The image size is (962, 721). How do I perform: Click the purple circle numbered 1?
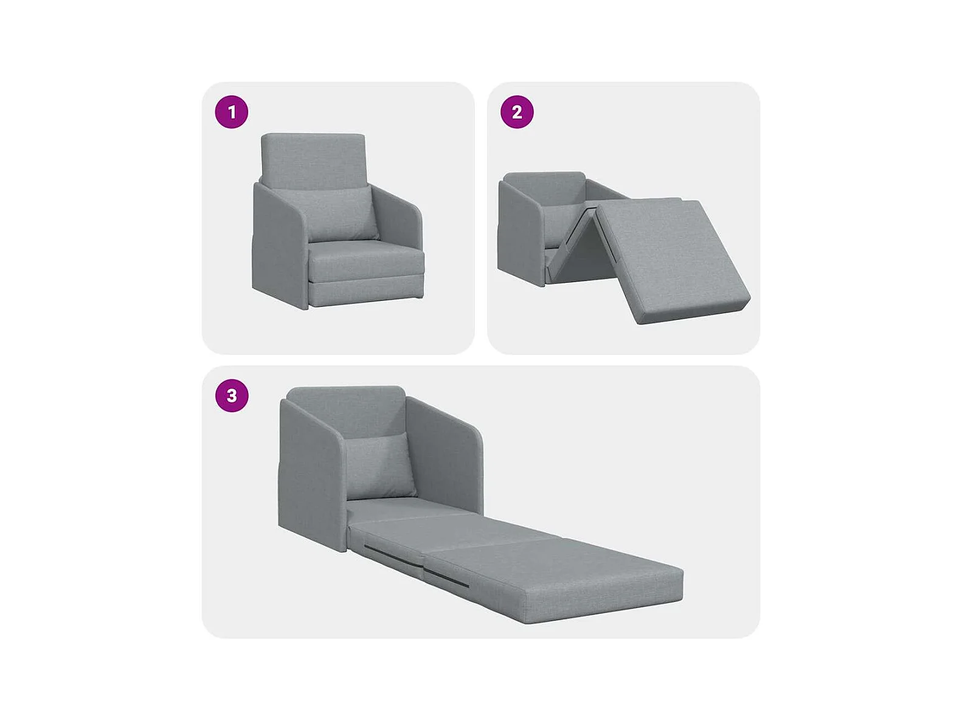pos(232,112)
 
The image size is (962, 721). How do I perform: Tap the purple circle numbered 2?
pos(517,112)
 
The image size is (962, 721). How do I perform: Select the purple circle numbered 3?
pos(232,396)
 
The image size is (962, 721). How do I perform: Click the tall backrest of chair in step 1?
pos(313,160)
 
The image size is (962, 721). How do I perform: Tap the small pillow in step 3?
pos(381,467)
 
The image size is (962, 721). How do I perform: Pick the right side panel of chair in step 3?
pos(445,454)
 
